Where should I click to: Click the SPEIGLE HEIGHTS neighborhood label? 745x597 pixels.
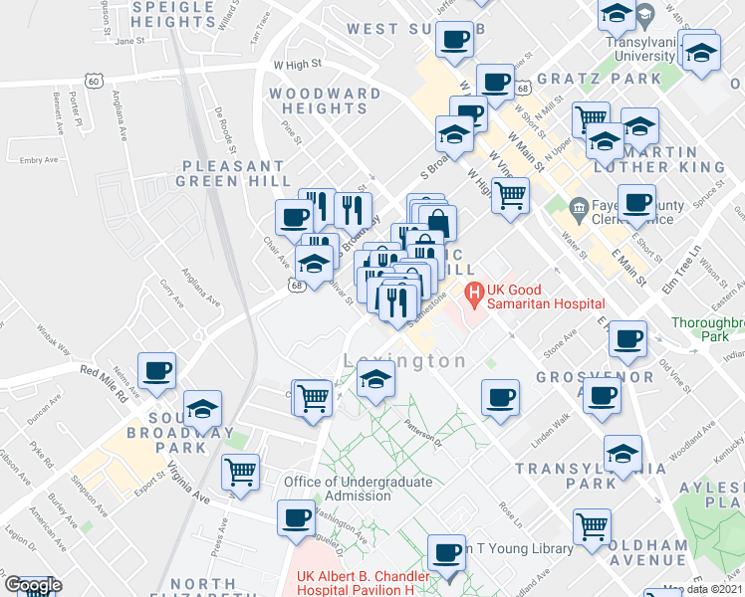(x=186, y=14)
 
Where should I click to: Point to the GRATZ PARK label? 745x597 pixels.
(x=585, y=78)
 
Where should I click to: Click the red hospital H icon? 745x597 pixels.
(x=474, y=293)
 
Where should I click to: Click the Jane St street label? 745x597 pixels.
(x=129, y=42)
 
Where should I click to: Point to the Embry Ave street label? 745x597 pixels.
(x=39, y=159)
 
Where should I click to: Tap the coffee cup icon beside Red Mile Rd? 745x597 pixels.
(x=157, y=372)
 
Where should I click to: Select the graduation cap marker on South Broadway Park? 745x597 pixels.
(x=202, y=409)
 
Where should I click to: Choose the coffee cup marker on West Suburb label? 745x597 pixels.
(x=454, y=40)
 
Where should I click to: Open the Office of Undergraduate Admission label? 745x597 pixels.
(x=358, y=489)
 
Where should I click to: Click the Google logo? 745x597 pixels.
(x=32, y=586)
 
